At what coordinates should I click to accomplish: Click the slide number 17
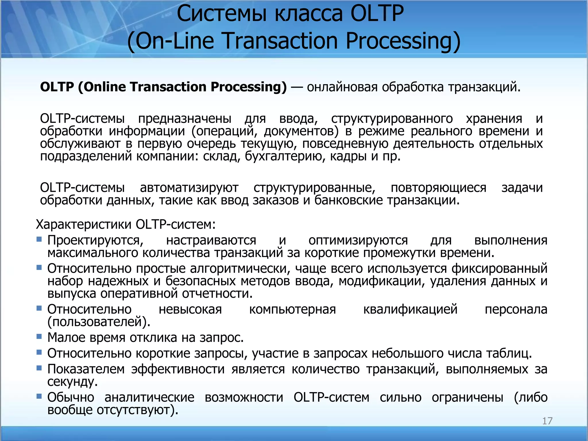[x=547, y=421]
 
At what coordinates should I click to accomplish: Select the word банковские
[x=349, y=200]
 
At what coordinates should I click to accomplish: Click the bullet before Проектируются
[x=39, y=239]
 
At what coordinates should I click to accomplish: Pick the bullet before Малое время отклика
[x=39, y=336]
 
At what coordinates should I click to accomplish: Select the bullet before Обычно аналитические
[x=39, y=396]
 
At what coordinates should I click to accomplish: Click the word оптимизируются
[x=358, y=240]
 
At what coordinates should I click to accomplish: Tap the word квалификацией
[x=410, y=309]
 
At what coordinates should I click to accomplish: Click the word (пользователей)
[x=99, y=322]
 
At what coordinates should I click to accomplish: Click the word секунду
[x=72, y=382]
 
